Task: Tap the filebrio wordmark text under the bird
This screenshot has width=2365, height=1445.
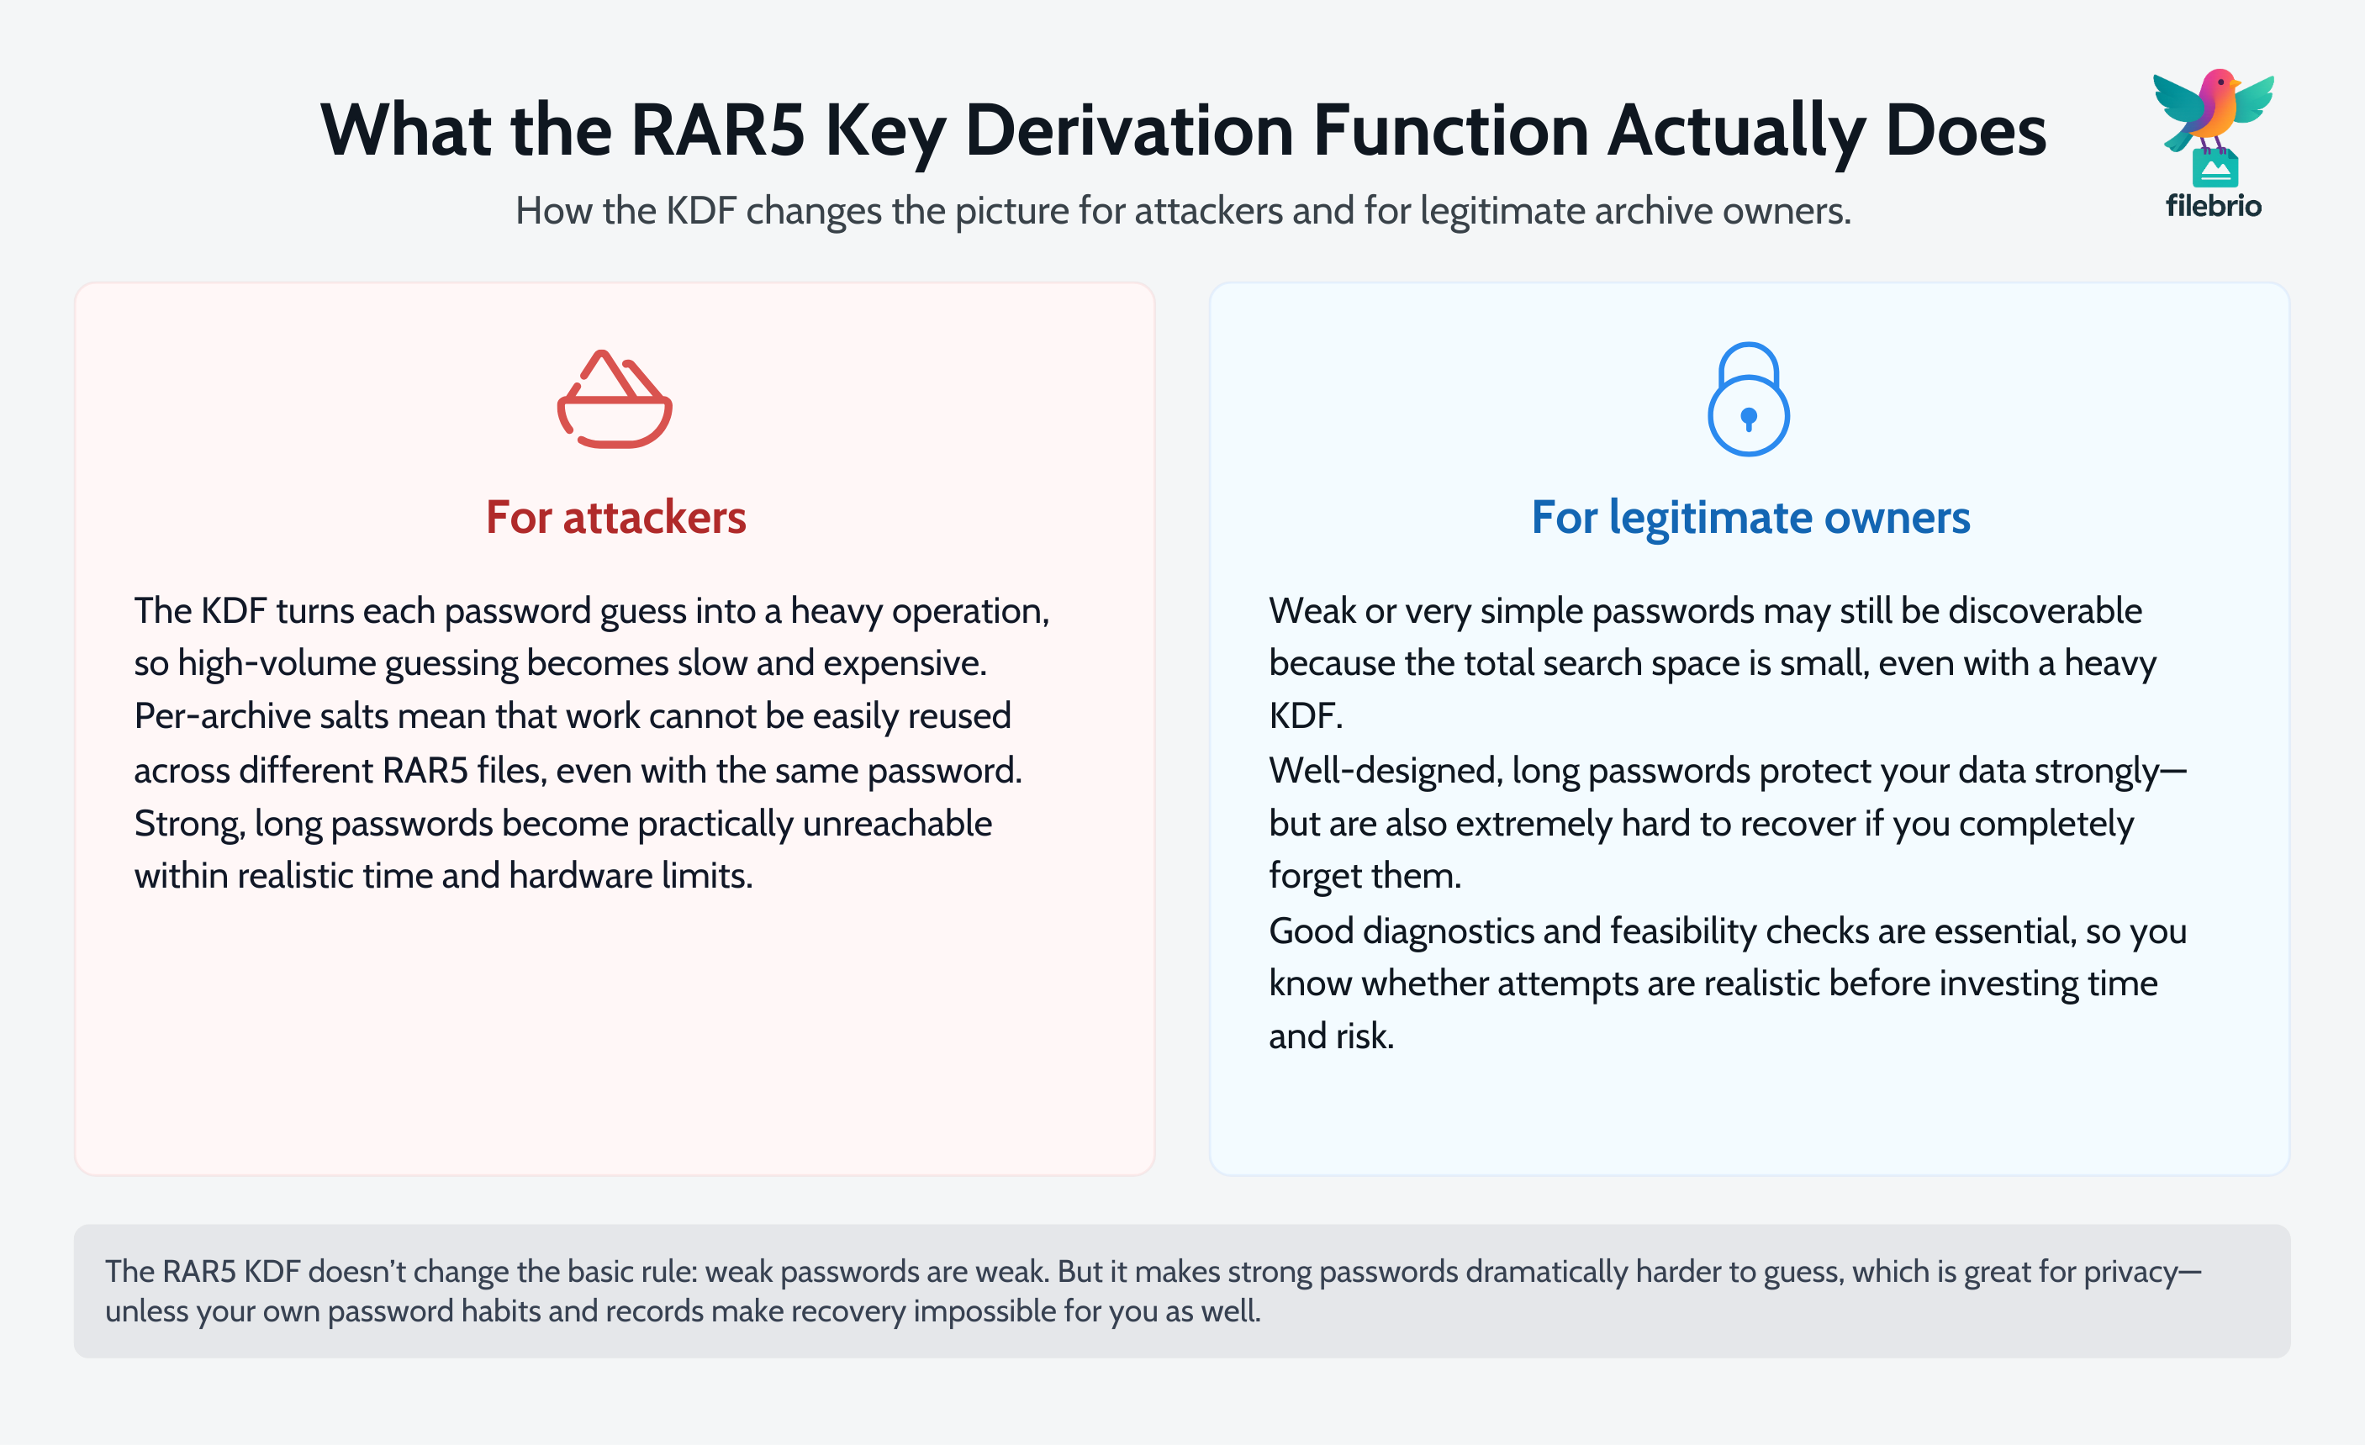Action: [x=2212, y=206]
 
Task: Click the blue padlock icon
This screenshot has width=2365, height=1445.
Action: [x=1748, y=399]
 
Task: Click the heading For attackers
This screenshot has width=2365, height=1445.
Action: [x=615, y=517]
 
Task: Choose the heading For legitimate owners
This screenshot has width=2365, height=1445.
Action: [x=1750, y=517]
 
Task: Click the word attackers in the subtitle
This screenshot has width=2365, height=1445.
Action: [x=1208, y=211]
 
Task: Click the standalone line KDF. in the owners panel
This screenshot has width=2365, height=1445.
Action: [x=1306, y=717]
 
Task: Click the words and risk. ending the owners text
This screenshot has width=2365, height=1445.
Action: [x=1330, y=1037]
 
